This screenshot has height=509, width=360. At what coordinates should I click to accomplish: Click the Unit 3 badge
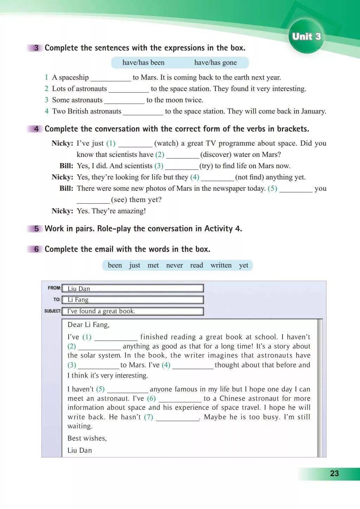pos(306,37)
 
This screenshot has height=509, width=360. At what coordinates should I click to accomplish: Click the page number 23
pos(334,474)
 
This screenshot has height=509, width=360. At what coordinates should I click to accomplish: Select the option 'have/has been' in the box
pos(143,63)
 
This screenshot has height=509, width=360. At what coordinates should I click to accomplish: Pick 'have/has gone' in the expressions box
pos(215,63)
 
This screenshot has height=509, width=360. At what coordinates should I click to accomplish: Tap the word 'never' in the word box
pos(174,265)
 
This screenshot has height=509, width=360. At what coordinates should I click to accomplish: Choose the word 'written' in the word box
pos(221,265)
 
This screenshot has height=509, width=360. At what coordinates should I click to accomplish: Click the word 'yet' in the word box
pos(244,265)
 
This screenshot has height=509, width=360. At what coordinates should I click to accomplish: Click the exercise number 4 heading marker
pos(36,129)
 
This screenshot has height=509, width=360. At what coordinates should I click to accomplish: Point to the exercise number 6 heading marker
pos(36,249)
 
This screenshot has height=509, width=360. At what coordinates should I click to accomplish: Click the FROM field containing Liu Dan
pos(133,288)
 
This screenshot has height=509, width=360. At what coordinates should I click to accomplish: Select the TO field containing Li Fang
pos(133,300)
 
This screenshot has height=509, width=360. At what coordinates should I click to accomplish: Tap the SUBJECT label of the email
pos(53,311)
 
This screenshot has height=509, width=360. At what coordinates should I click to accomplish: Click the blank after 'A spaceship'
pos(110,78)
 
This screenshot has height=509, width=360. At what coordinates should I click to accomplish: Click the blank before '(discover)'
pos(182,155)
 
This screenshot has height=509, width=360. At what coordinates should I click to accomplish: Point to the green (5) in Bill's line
pos(272,188)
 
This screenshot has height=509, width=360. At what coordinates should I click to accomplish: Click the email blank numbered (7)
pos(178,418)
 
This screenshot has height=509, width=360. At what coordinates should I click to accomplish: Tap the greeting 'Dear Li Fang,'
pos(89,325)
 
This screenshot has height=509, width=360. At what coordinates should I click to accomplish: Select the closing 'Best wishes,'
pos(87,438)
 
